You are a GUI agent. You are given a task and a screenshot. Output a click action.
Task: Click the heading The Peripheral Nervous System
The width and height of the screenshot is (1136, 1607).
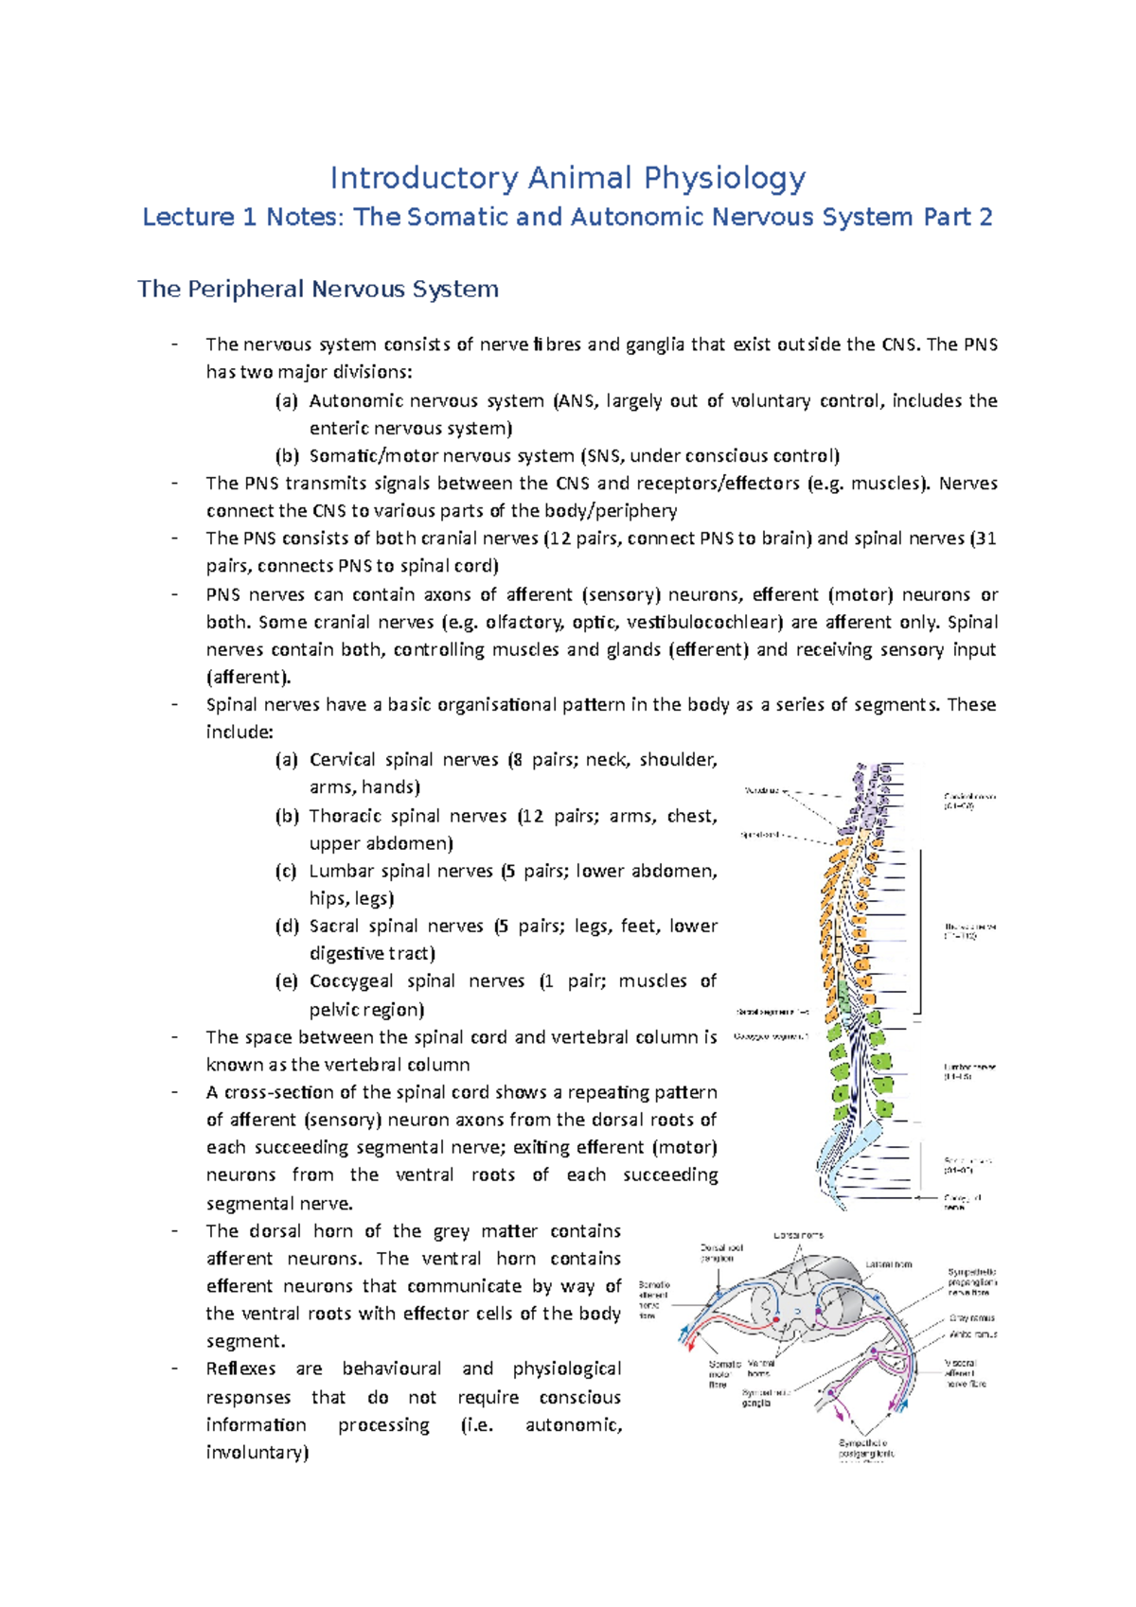click(x=317, y=289)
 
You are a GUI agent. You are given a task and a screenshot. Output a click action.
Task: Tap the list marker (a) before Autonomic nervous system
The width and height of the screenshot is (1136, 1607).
click(x=286, y=401)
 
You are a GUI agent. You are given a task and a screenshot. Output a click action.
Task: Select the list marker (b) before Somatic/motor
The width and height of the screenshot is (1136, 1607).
click(x=286, y=456)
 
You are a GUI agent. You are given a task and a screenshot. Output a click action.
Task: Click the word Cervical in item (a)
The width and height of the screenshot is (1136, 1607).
click(x=342, y=760)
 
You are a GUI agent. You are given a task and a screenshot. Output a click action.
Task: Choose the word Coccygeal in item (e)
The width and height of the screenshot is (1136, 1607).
click(x=350, y=981)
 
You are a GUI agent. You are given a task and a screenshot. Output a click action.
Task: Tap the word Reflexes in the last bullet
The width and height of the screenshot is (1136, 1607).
click(x=240, y=1369)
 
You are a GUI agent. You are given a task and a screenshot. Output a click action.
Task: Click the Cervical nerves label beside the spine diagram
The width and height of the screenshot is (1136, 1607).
click(x=968, y=801)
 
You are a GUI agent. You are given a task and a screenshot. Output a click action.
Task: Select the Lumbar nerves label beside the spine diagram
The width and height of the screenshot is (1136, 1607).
click(x=968, y=1071)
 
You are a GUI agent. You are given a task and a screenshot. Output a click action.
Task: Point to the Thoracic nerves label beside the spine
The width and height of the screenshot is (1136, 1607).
click(x=968, y=931)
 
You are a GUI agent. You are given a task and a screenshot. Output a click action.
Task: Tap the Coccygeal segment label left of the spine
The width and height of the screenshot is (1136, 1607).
click(x=771, y=1036)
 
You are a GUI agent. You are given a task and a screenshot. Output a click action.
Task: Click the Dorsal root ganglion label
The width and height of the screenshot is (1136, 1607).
click(x=721, y=1253)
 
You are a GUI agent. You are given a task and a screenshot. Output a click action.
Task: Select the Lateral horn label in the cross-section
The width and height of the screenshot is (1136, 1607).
click(x=889, y=1264)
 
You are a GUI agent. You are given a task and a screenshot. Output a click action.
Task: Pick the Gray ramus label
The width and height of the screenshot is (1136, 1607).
click(x=971, y=1317)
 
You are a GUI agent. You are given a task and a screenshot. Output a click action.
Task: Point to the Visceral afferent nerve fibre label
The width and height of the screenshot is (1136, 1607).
click(x=965, y=1373)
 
